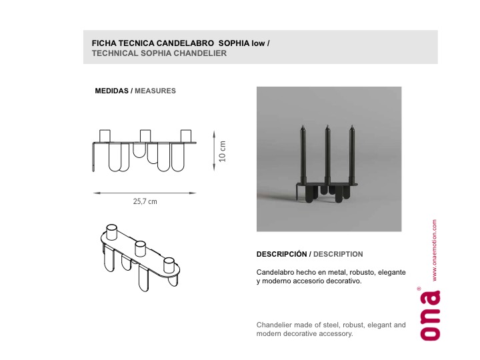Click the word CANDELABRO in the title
coord(185,43)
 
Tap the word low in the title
coord(258,43)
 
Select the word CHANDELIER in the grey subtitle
coord(200,53)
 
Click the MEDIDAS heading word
coord(111,91)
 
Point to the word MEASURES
coord(155,91)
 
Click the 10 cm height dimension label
coord(222,151)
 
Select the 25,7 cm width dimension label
coord(145,201)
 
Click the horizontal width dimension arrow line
coord(145,193)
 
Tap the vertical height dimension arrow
coord(214,150)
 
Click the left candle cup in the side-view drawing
coord(105,136)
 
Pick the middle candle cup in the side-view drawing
coord(145,136)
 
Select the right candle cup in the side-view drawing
coord(186,136)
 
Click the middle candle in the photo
coord(327,155)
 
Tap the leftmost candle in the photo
coord(303,154)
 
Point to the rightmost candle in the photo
coord(352,154)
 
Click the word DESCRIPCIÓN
coord(281,254)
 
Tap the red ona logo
coord(431,315)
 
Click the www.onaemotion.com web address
coord(435,250)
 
